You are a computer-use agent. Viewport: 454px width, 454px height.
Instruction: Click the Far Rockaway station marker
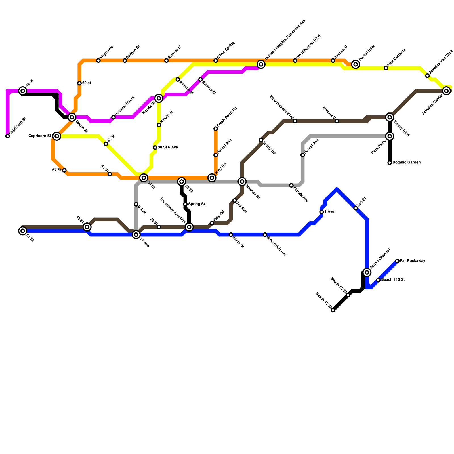(x=397, y=261)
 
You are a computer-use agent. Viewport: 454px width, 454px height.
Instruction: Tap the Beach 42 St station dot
(x=333, y=310)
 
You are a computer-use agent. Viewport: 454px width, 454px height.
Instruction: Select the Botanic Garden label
(x=406, y=163)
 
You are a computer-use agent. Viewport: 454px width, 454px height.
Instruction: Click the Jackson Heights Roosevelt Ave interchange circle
(x=261, y=64)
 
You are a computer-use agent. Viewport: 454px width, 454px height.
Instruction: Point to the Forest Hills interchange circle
(x=356, y=64)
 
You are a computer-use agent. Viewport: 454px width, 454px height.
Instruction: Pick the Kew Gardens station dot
(x=386, y=68)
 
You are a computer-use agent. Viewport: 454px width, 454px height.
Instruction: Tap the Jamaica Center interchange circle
(x=447, y=91)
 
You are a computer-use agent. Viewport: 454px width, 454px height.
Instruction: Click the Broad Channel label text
(x=381, y=258)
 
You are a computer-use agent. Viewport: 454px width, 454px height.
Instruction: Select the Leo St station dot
(x=356, y=208)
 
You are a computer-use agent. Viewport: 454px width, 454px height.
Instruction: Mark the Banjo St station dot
(x=231, y=235)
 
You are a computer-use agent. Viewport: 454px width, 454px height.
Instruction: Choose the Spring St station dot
(x=185, y=204)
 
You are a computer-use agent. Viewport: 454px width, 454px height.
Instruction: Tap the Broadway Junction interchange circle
(x=189, y=227)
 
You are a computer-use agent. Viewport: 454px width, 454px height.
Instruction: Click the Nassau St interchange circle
(x=242, y=182)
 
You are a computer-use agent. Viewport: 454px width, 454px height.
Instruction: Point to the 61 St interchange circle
(x=23, y=231)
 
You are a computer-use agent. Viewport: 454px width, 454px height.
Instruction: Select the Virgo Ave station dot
(x=98, y=60)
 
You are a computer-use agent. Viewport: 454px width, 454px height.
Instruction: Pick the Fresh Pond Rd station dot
(x=216, y=129)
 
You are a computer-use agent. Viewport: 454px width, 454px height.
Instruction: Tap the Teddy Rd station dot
(x=261, y=140)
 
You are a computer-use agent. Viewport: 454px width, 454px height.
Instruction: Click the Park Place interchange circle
(x=390, y=136)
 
